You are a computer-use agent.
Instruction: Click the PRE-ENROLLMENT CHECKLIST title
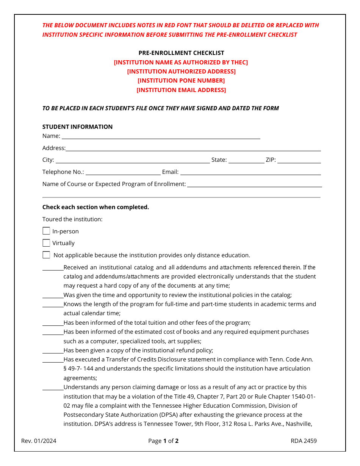[x=181, y=53]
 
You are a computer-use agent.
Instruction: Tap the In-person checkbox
[x=46, y=231]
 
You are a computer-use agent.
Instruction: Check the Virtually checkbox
[x=46, y=243]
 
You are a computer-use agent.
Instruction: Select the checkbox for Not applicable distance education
[x=46, y=255]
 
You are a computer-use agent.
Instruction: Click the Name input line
[x=161, y=136]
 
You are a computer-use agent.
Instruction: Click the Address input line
[x=193, y=148]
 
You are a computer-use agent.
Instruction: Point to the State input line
[x=246, y=160]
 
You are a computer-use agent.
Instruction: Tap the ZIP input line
[x=299, y=160]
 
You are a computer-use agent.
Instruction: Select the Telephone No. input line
[x=123, y=172]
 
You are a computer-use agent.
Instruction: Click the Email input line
[x=250, y=172]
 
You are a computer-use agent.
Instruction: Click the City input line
[x=132, y=160]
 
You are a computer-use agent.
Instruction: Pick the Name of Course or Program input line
[x=254, y=185]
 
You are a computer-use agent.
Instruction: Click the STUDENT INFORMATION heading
[x=77, y=127]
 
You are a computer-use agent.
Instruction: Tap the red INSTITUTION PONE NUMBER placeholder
[x=181, y=81]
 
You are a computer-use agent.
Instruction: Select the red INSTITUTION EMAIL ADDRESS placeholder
[x=181, y=90]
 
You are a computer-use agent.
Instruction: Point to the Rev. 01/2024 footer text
[x=39, y=441]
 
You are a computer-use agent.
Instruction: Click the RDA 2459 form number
[x=304, y=441]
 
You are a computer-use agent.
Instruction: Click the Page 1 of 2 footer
[x=163, y=441]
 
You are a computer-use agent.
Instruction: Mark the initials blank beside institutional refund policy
[x=53, y=351]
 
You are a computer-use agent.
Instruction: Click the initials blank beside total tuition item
[x=53, y=323]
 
